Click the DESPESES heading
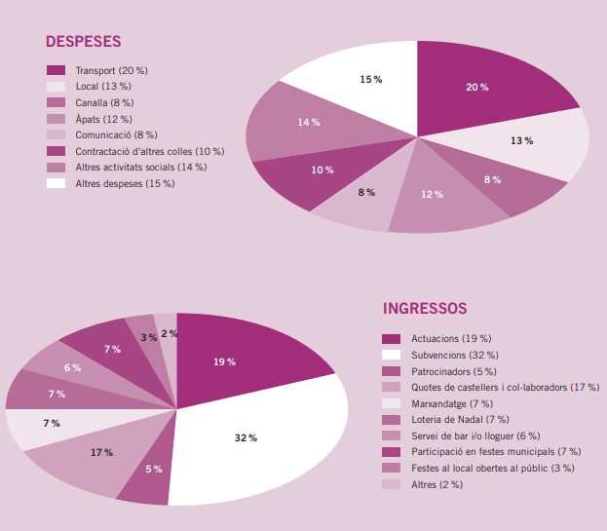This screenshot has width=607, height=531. pos(83,42)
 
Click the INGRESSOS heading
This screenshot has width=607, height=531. pos(425,308)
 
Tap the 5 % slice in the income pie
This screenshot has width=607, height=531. pos(154,469)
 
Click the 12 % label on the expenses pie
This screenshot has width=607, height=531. pos(432,194)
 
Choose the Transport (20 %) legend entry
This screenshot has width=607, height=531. pos(111,71)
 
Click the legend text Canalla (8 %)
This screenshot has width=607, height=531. pos(104,102)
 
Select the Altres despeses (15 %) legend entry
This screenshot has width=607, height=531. pos(125,183)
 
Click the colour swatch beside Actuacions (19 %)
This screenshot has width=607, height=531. pos(392,339)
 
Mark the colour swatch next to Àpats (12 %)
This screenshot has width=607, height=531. pos(56,119)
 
